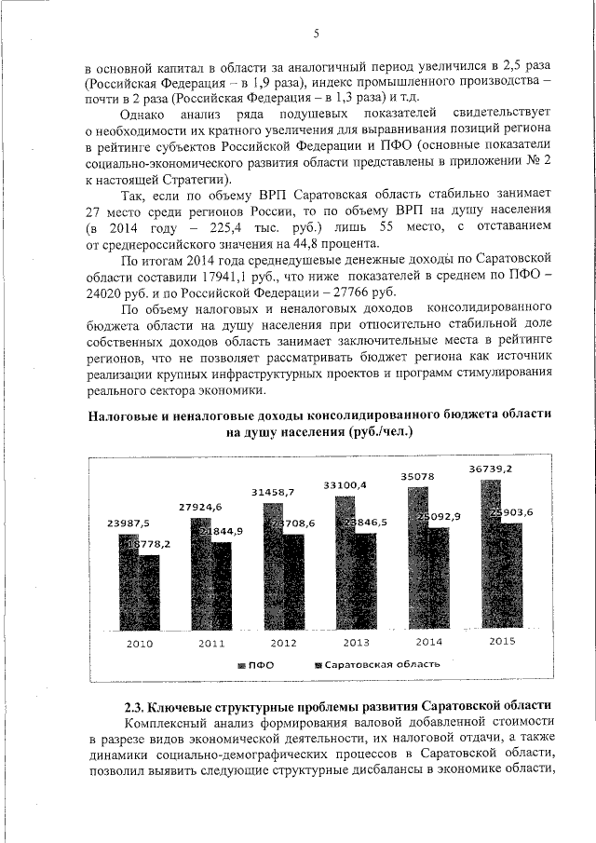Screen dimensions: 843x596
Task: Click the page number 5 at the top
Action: (x=316, y=35)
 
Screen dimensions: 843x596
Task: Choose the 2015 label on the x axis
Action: (x=502, y=642)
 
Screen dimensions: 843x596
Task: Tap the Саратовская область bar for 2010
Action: (x=149, y=596)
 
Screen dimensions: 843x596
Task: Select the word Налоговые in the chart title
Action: (x=128, y=415)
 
